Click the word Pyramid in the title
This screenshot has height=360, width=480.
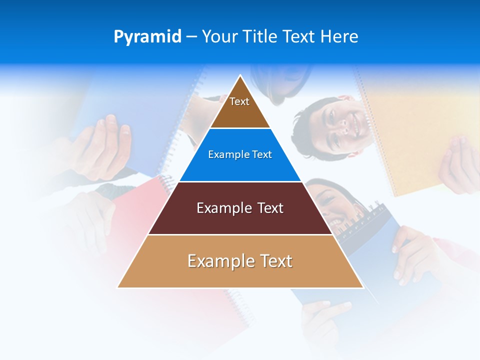[147, 37]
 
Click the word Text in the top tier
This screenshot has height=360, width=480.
[239, 101]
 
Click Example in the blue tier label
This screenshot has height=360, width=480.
[224, 155]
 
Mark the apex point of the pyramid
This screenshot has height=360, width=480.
[240, 75]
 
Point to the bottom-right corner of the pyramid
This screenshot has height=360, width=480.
[363, 287]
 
